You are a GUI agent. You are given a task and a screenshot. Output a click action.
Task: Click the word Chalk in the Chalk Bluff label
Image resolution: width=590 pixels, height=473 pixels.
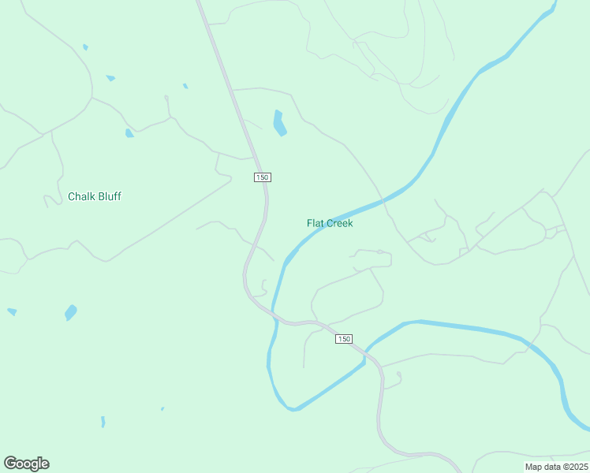click(81, 196)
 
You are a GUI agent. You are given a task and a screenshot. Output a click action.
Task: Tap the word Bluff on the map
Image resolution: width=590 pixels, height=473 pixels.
click(109, 196)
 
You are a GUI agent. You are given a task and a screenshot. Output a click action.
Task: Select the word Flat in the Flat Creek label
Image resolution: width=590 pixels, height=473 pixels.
click(316, 223)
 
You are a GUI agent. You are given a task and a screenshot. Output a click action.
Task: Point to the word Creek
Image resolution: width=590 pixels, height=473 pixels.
click(341, 223)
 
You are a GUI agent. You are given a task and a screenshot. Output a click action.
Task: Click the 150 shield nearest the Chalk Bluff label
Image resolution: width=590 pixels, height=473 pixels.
click(263, 177)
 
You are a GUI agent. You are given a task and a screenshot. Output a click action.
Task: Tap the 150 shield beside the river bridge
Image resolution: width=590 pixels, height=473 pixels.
click(343, 339)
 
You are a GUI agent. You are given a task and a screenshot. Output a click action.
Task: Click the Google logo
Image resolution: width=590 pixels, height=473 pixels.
click(26, 464)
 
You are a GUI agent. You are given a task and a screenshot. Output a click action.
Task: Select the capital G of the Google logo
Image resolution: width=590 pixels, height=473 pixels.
click(10, 464)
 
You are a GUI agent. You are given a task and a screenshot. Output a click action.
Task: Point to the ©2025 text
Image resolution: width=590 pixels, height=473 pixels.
click(574, 467)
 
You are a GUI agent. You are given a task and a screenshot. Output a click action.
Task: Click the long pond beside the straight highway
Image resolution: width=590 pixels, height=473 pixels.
click(278, 122)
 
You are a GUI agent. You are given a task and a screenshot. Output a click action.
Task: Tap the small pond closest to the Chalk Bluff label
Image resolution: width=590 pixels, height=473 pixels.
click(129, 133)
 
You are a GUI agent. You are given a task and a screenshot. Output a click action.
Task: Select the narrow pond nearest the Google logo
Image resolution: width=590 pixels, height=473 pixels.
click(103, 422)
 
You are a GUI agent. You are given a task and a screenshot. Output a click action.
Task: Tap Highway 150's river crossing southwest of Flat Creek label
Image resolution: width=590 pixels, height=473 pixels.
click(274, 312)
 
